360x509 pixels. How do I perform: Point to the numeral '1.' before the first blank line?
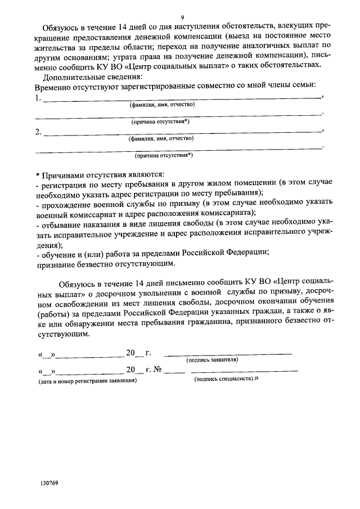[38, 98]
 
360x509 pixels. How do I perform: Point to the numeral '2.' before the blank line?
[38, 132]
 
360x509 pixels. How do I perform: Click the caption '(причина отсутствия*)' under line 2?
[164, 156]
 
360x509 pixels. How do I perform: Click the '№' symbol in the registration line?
[158, 371]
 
